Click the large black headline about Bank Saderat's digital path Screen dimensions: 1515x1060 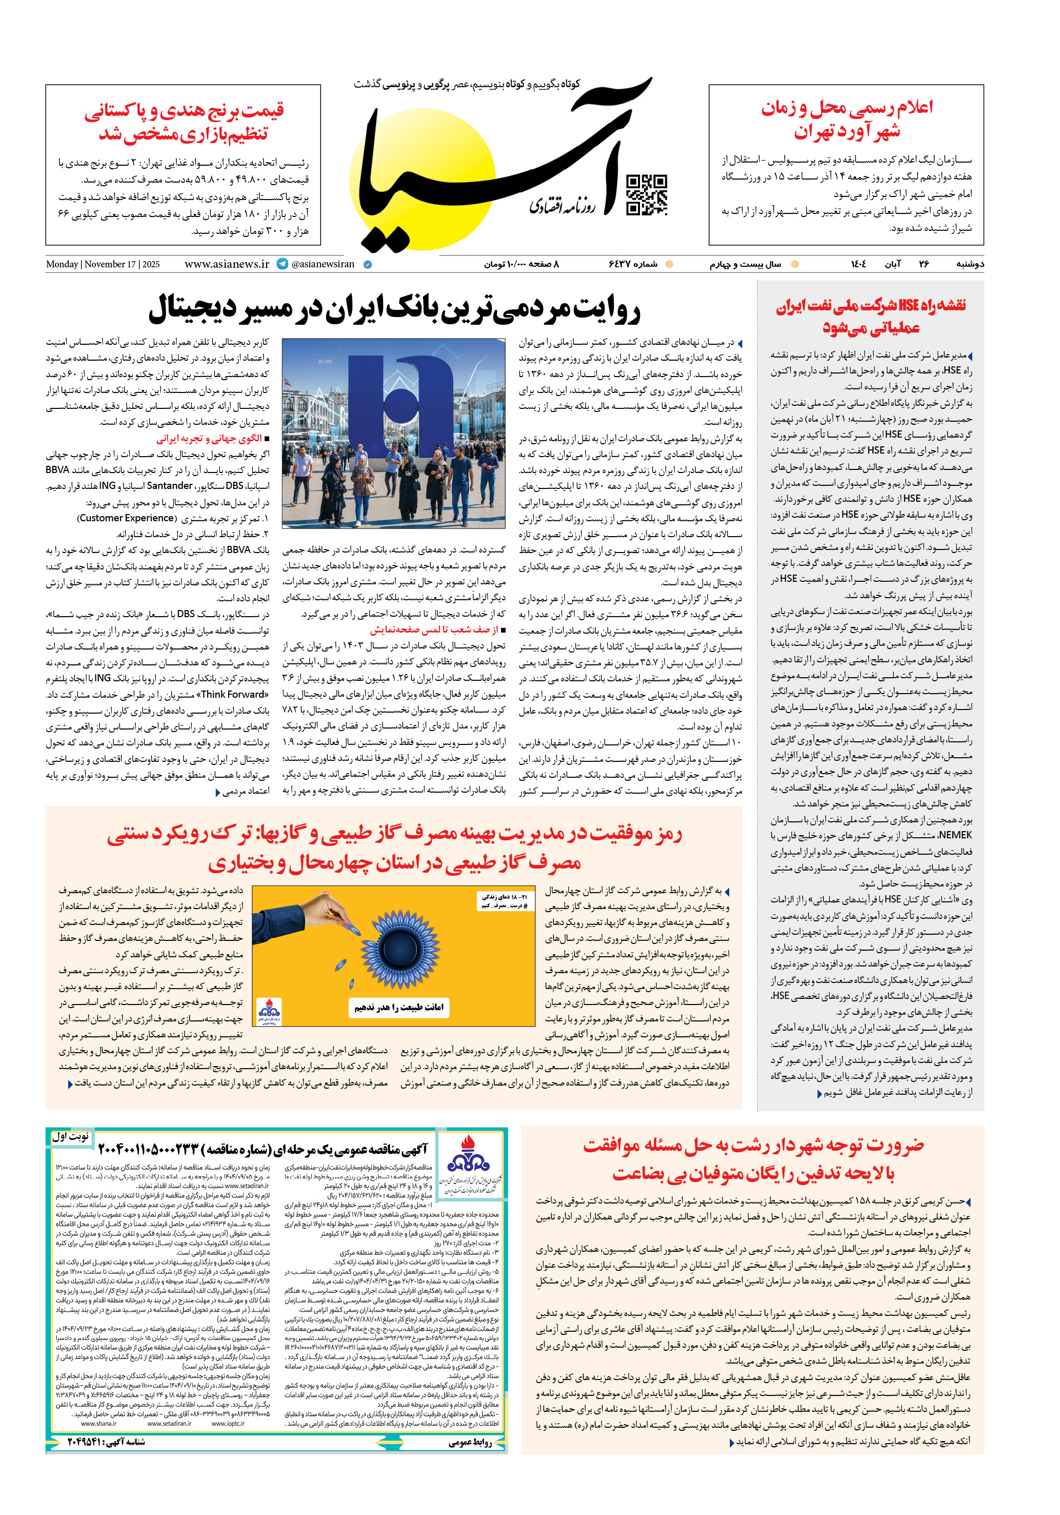(394, 309)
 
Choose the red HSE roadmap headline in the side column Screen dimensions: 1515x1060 (871, 316)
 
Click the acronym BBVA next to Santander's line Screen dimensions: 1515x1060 (58, 470)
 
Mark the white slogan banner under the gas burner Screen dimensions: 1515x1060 (399, 1007)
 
